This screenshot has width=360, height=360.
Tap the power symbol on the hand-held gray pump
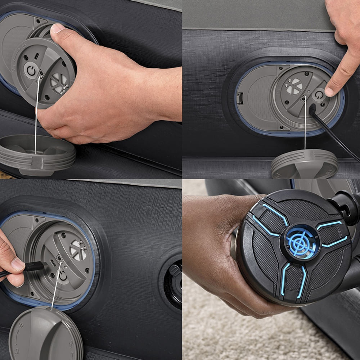pyautogui.click(x=31, y=70)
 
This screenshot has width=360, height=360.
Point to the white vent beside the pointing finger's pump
pyautogui.click(x=294, y=86)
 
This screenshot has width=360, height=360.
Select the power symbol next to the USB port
pyautogui.click(x=63, y=275)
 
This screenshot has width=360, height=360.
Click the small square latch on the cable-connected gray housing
pyautogui.click(x=240, y=98)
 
